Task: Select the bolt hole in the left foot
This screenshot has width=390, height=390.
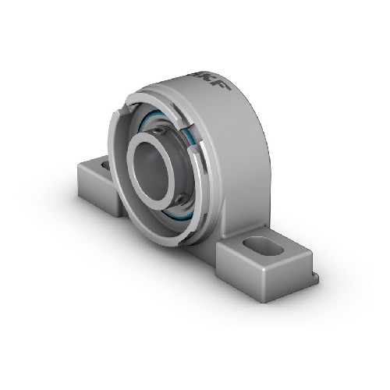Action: pyautogui.click(x=106, y=165)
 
